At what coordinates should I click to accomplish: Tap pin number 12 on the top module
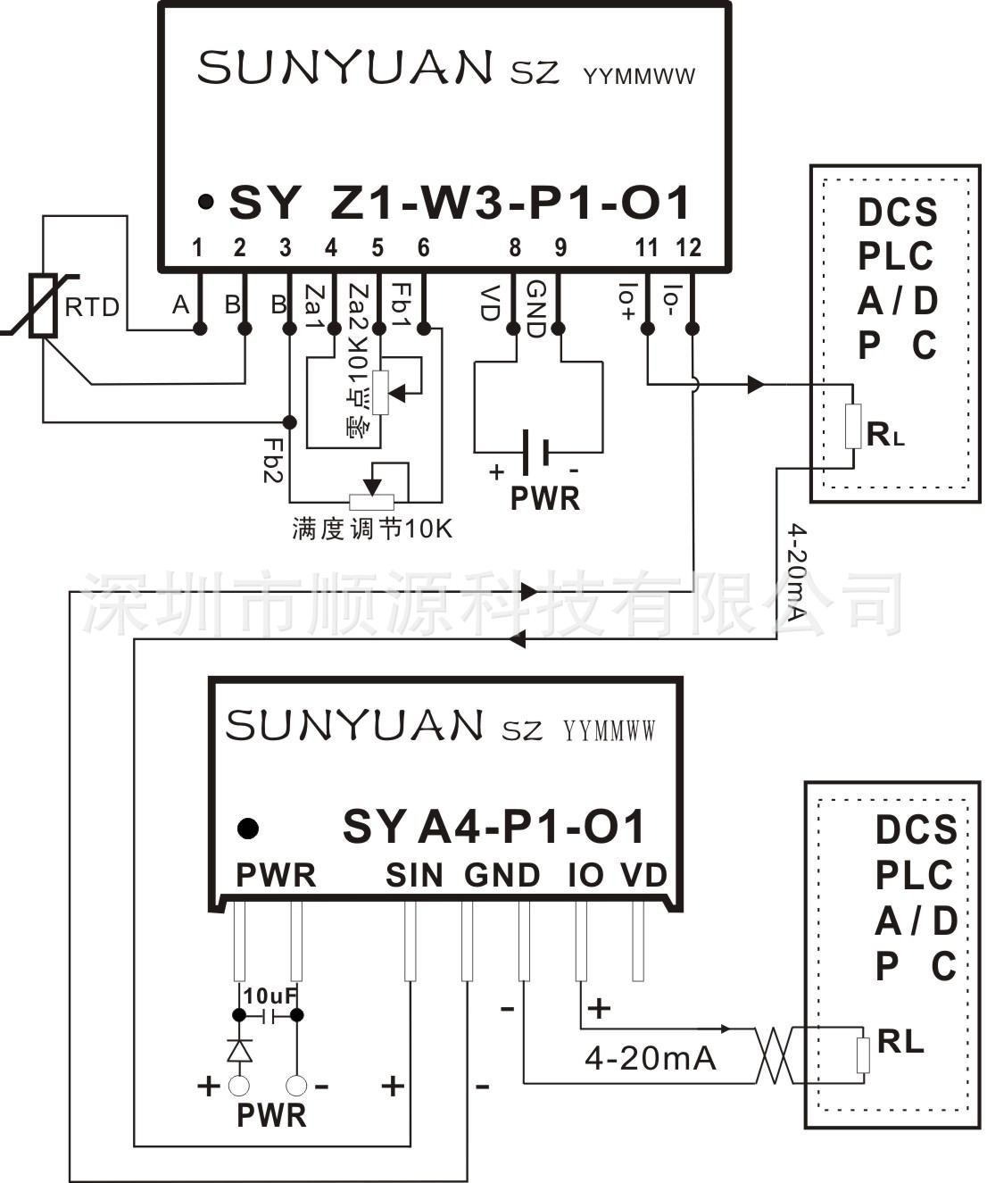pos(689,246)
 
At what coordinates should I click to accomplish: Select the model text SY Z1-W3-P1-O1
pos(460,204)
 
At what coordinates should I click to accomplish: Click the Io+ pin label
pos(626,302)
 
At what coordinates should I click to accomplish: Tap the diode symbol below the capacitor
pos(239,1050)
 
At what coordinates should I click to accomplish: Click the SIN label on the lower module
pos(414,876)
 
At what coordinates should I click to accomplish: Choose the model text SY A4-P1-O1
pos(493,828)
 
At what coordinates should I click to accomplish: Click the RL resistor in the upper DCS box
pos(853,427)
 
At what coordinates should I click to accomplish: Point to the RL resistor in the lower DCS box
pos(863,1055)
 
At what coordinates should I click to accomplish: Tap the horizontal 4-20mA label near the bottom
pos(650,1059)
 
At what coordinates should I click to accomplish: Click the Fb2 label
pos(272,459)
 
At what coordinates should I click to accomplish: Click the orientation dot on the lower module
pos(248,829)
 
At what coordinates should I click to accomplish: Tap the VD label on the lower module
pos(644,876)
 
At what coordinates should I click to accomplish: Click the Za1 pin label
pos(313,306)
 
